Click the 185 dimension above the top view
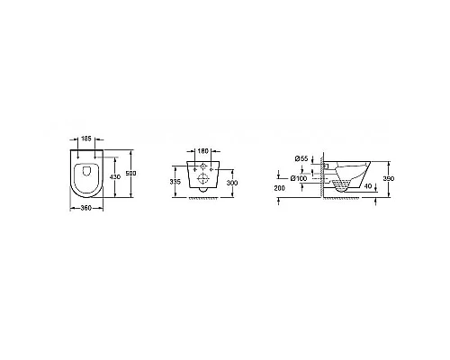86,139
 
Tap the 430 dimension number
115,177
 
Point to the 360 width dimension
86,208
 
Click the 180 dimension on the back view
203,151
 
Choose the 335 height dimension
175,182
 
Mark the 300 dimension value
232,183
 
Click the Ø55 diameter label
301,158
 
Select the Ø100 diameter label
299,178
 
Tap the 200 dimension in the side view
280,188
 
